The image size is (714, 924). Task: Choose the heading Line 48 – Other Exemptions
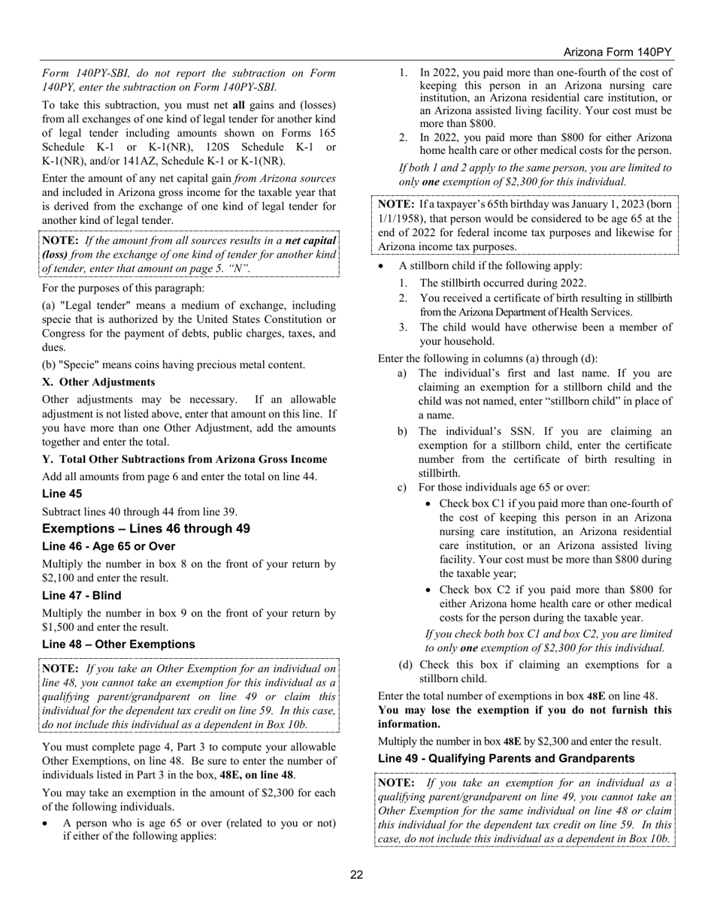point(119,644)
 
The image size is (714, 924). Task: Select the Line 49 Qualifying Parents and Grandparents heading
point(506,759)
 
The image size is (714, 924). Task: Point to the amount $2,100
point(61,578)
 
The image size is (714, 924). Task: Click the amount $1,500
point(61,627)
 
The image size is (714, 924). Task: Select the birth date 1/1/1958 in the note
point(404,218)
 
